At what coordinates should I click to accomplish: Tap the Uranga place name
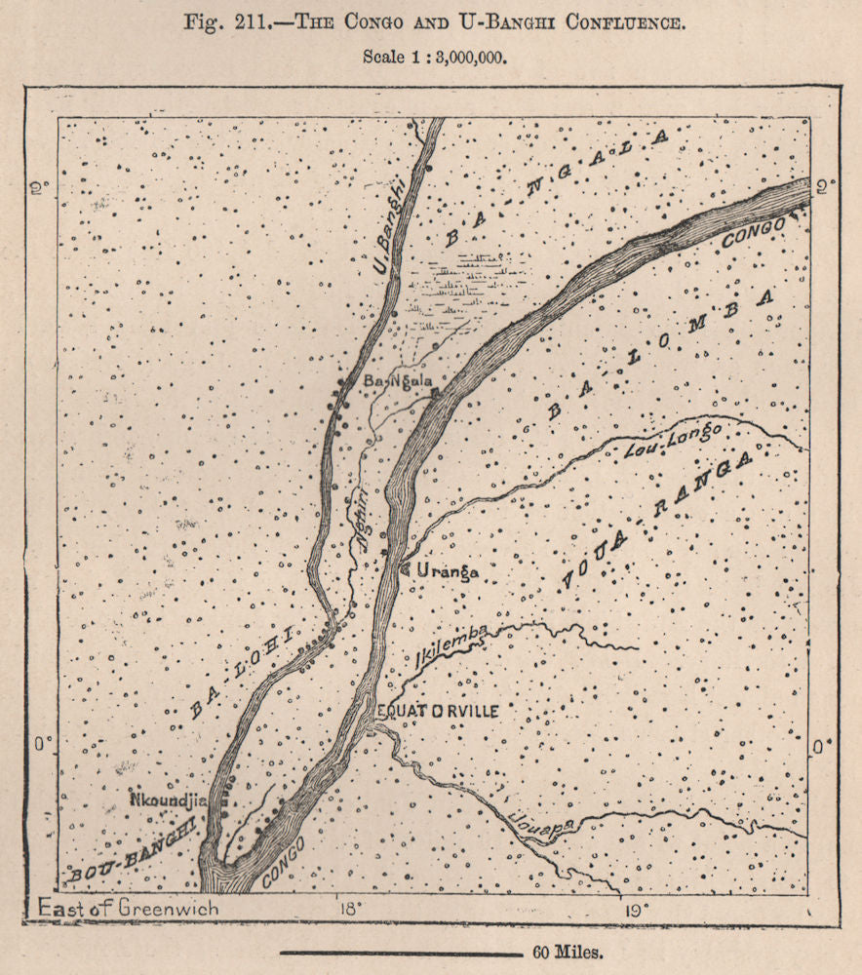448,572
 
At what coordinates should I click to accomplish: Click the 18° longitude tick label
348,909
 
